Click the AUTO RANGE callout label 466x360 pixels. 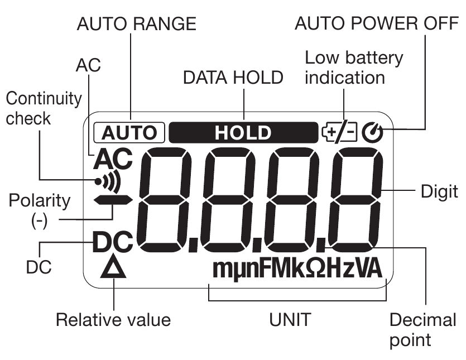[137, 24]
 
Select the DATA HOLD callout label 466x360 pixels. [233, 78]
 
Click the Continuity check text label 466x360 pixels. [43, 108]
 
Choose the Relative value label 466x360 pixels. [113, 320]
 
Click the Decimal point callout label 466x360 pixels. [422, 329]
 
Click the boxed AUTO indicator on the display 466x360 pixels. [130, 133]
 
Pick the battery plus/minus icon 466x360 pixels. [340, 133]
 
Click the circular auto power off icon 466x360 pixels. [370, 133]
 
